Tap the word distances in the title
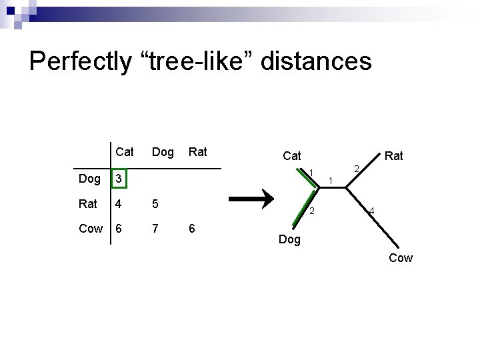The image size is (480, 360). pyautogui.click(x=317, y=61)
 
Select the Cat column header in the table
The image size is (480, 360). pyautogui.click(x=125, y=152)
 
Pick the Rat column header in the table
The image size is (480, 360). pyautogui.click(x=198, y=152)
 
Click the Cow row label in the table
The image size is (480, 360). pyautogui.click(x=91, y=229)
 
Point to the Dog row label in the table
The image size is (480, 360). pyautogui.click(x=89, y=179)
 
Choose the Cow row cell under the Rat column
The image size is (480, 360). pyautogui.click(x=193, y=229)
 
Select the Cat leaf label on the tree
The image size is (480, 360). pyautogui.click(x=292, y=156)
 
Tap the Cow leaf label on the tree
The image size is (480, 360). pyautogui.click(x=401, y=258)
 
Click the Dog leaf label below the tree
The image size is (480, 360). pyautogui.click(x=290, y=239)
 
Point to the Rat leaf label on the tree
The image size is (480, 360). pyautogui.click(x=394, y=156)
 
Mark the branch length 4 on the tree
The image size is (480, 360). pyautogui.click(x=372, y=212)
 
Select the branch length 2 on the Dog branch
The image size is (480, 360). pyautogui.click(x=311, y=212)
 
